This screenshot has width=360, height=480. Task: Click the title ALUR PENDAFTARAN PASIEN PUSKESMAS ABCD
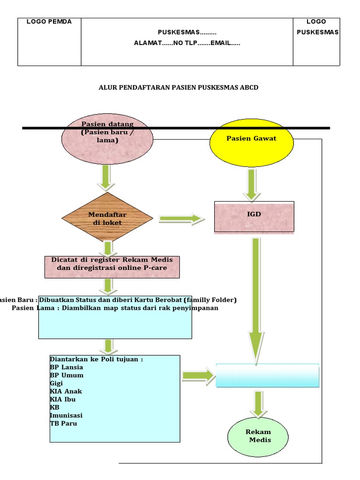179,88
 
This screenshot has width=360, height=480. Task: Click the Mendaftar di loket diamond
107,218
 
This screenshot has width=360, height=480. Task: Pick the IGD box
254,216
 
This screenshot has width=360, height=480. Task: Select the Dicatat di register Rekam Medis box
112,266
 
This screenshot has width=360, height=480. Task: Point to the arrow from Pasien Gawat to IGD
252,185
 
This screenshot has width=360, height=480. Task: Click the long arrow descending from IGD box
256,300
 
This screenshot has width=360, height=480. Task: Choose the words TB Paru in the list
63,423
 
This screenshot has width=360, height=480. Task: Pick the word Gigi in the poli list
56,383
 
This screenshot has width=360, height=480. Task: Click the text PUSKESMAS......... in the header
187,32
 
